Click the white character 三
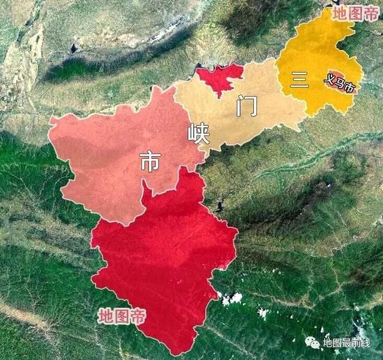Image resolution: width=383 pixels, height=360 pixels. (x=298, y=80)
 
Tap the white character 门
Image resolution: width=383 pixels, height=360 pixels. (x=247, y=106)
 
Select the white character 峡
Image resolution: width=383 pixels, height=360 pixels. (x=199, y=134)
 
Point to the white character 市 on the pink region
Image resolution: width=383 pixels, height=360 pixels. (x=150, y=162)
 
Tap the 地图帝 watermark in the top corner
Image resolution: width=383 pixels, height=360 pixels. (x=355, y=13)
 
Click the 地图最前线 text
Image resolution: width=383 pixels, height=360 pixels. (x=346, y=342)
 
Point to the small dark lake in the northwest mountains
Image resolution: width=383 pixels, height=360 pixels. (x=74, y=48)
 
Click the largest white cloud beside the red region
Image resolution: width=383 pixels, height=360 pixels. (x=233, y=298)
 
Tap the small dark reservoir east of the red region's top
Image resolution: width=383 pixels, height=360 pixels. (x=220, y=207)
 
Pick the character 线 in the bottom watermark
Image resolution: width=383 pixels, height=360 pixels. (x=365, y=342)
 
